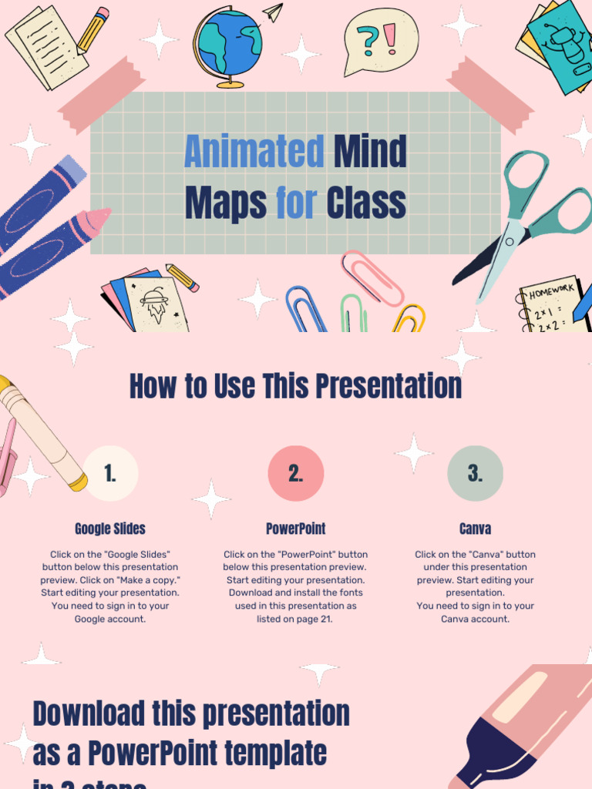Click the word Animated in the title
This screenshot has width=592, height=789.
pyautogui.click(x=254, y=152)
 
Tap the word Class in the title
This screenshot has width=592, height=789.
pyautogui.click(x=365, y=203)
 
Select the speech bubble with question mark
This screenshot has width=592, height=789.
pyautogui.click(x=379, y=41)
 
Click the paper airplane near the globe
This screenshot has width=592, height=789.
pyautogui.click(x=273, y=12)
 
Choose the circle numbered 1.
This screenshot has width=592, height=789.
pyautogui.click(x=110, y=474)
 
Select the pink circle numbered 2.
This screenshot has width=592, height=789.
pyautogui.click(x=296, y=474)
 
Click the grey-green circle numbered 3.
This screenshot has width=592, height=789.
pyautogui.click(x=475, y=474)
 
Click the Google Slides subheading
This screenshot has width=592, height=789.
pyautogui.click(x=110, y=529)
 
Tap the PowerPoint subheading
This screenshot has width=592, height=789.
pyautogui.click(x=296, y=529)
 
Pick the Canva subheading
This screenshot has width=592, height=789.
pyautogui.click(x=475, y=529)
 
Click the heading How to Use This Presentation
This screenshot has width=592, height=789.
pyautogui.click(x=296, y=386)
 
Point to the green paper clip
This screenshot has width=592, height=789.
pyautogui.click(x=354, y=314)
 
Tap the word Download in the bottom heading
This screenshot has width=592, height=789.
pyautogui.click(x=88, y=713)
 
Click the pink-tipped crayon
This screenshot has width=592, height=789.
pyautogui.click(x=54, y=250)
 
